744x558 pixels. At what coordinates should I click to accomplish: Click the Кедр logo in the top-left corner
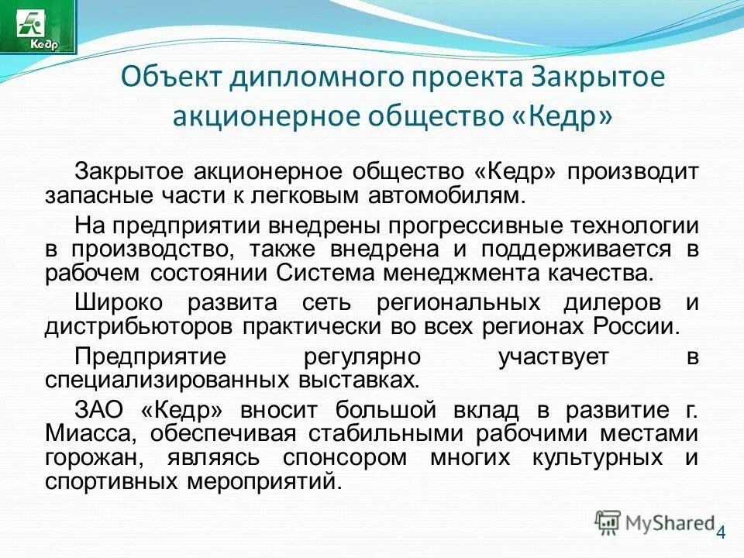click(x=39, y=26)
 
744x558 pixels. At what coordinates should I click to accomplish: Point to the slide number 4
click(x=722, y=532)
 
